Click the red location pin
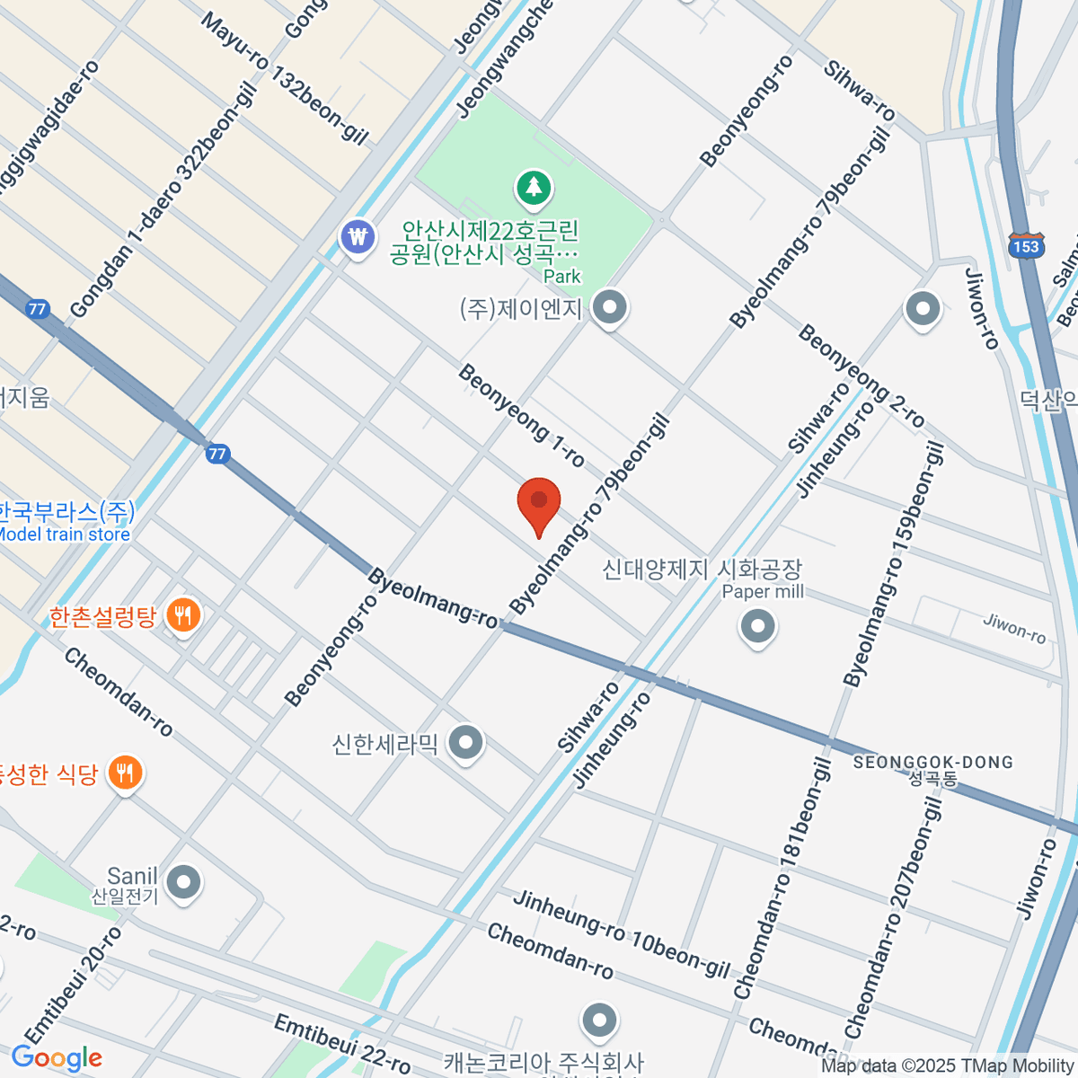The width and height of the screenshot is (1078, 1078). point(539,503)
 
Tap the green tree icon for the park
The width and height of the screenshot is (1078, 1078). point(535,188)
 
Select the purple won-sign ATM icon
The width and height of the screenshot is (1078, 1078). point(358,238)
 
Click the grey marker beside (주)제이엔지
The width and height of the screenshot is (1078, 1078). point(611,308)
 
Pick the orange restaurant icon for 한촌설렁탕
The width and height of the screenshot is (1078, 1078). point(183,616)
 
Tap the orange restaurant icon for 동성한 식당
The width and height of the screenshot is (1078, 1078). point(125,773)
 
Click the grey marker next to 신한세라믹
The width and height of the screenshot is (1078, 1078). point(465,744)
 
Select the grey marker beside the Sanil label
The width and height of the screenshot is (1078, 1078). point(184,882)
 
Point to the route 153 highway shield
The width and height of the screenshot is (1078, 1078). point(1025,247)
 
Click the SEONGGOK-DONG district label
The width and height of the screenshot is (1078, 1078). point(932,763)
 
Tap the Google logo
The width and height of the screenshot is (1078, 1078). point(57,1058)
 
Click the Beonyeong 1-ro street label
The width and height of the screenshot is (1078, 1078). point(521,416)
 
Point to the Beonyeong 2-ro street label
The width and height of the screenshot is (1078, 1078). point(861,376)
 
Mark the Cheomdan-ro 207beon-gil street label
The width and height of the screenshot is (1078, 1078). point(893,916)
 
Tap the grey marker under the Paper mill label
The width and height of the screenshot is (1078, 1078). point(757,626)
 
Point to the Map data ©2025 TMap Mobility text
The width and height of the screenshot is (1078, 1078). point(948,1065)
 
